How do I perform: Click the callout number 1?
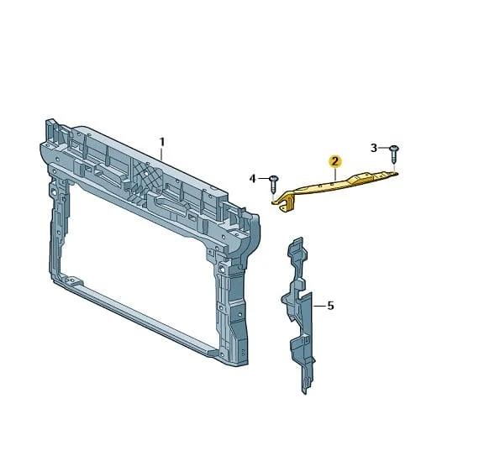click(x=162, y=142)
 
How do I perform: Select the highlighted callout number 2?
click(x=335, y=161)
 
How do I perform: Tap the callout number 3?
click(x=374, y=148)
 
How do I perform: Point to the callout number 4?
click(x=252, y=179)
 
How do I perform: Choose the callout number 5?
click(x=330, y=306)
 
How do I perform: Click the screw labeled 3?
click(x=394, y=155)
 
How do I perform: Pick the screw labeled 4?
click(x=273, y=184)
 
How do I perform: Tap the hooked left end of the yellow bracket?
click(x=282, y=204)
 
